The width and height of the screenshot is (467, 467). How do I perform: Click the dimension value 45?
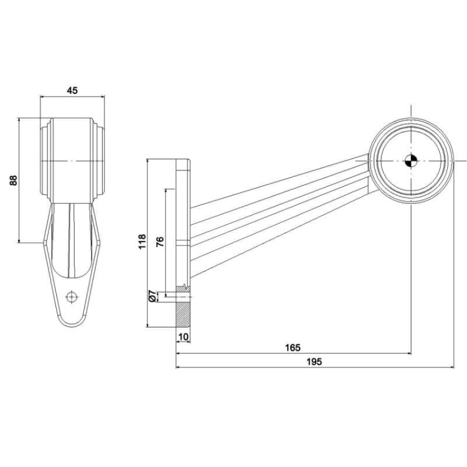point(72,91)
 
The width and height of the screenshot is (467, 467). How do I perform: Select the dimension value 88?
point(12,180)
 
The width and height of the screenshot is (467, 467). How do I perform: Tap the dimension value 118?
point(142,242)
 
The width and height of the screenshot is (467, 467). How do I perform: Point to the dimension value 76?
point(160,242)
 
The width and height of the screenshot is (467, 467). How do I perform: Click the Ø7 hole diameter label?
point(153,296)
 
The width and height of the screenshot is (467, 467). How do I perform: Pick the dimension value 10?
point(183,336)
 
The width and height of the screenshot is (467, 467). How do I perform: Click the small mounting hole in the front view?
point(72,296)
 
